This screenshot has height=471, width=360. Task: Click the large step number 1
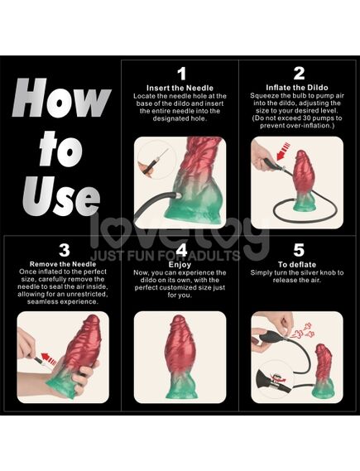pyautogui.click(x=181, y=74)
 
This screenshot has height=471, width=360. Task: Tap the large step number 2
pyautogui.click(x=299, y=74)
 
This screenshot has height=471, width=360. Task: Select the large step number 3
pyautogui.click(x=65, y=250)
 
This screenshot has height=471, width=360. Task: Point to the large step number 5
pyautogui.click(x=299, y=250)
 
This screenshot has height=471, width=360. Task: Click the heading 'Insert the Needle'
pyautogui.click(x=180, y=88)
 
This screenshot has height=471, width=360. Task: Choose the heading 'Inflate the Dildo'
pyautogui.click(x=297, y=88)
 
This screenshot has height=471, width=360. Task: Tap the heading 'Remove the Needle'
pyautogui.click(x=63, y=264)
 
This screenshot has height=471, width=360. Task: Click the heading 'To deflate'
pyautogui.click(x=297, y=265)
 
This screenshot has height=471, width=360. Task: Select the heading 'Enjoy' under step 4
pyautogui.click(x=180, y=265)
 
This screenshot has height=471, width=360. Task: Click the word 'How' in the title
pyautogui.click(x=61, y=98)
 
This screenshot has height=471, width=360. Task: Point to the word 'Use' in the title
pyautogui.click(x=61, y=195)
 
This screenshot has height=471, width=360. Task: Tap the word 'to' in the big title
pyautogui.click(x=61, y=149)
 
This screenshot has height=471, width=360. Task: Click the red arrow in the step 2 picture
pyautogui.click(x=283, y=151)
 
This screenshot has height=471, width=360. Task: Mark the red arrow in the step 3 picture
pyautogui.click(x=48, y=358)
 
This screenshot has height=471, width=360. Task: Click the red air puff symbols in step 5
pyautogui.click(x=303, y=331)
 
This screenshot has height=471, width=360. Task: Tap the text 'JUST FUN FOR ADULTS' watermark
pyautogui.click(x=166, y=256)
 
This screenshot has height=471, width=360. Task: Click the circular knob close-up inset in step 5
pyautogui.click(x=275, y=380)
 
